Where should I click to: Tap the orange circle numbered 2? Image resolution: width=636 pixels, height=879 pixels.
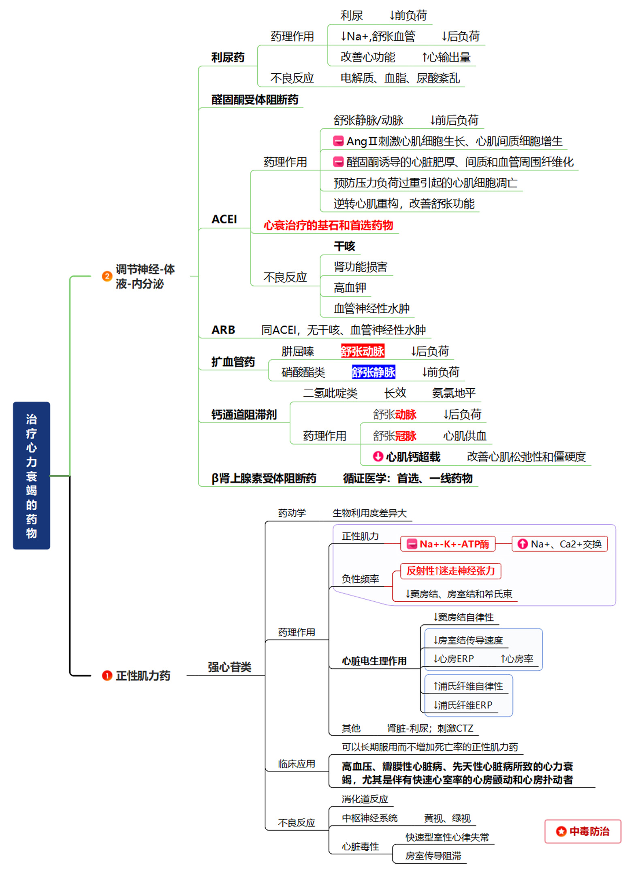(107, 276)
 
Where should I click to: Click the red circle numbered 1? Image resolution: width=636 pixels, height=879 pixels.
(107, 675)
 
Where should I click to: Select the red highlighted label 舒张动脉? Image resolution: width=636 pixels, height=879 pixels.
(362, 351)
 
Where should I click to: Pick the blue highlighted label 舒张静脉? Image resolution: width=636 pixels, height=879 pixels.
(373, 372)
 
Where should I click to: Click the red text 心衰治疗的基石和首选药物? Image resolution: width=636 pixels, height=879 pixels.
(328, 225)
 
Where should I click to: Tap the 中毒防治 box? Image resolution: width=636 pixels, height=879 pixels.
(583, 831)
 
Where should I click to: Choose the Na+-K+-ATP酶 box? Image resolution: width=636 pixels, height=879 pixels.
(448, 544)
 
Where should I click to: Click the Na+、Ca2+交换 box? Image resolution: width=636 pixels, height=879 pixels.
(560, 544)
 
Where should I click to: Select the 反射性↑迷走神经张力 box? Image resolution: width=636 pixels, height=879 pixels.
(450, 571)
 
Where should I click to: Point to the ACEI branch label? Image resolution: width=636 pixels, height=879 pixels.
(224, 219)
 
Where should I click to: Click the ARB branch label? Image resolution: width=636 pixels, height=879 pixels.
(223, 330)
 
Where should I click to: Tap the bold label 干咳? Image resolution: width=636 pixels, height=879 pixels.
(344, 246)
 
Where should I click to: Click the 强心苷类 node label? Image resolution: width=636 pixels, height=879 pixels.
(229, 667)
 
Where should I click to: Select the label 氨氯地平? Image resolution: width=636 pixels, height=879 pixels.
(454, 393)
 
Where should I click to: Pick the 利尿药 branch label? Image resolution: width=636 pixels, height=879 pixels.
(228, 57)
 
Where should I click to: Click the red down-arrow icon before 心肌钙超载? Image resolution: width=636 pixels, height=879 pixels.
(378, 456)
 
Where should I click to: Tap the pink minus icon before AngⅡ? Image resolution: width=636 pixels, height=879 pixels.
(338, 141)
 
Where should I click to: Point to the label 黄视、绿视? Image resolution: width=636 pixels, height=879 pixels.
(447, 818)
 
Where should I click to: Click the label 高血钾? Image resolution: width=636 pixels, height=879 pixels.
(350, 288)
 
